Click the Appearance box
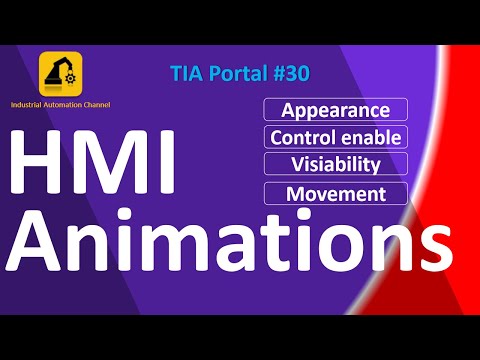(x=335, y=110)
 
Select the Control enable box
(x=335, y=137)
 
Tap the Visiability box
(x=335, y=164)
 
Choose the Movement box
(x=335, y=192)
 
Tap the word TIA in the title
(x=189, y=74)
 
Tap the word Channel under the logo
(x=92, y=105)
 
